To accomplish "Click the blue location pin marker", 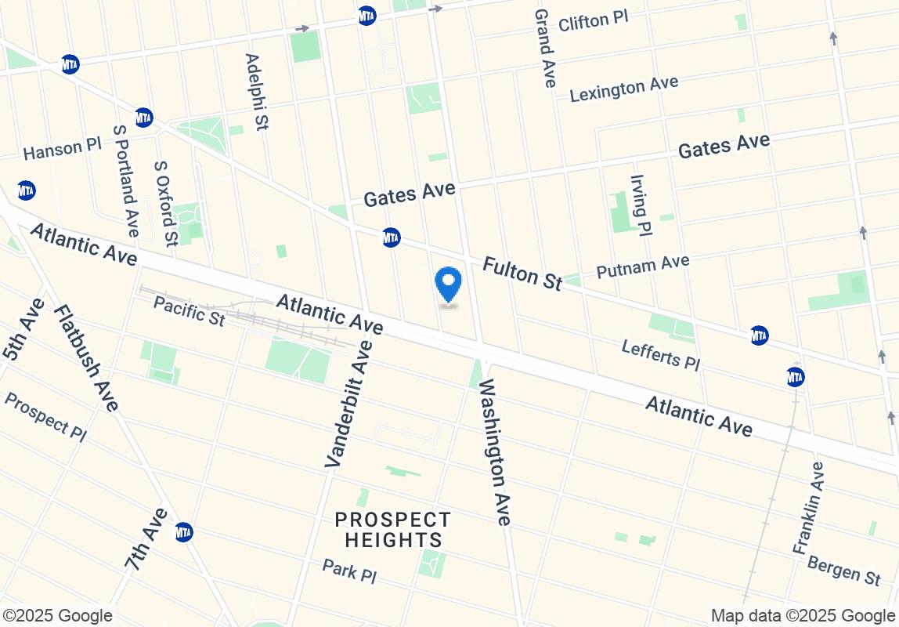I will (x=448, y=284).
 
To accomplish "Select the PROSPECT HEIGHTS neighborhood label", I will (x=393, y=530).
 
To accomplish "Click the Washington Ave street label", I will (x=494, y=451).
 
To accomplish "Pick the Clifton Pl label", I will (x=594, y=21).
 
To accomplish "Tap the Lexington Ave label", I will (x=624, y=89).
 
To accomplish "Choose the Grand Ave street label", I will (x=545, y=48).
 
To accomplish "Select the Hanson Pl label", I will (x=63, y=148).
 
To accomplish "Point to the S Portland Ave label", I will (x=125, y=181).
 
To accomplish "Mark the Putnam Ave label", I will (x=642, y=266).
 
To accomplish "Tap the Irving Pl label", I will (x=641, y=205).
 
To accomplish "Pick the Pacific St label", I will (x=189, y=310).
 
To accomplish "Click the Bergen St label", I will (x=844, y=571).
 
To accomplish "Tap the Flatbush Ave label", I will (x=86, y=357).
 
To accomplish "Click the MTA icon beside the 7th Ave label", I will (x=183, y=532).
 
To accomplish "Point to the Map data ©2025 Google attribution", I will (x=803, y=616).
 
